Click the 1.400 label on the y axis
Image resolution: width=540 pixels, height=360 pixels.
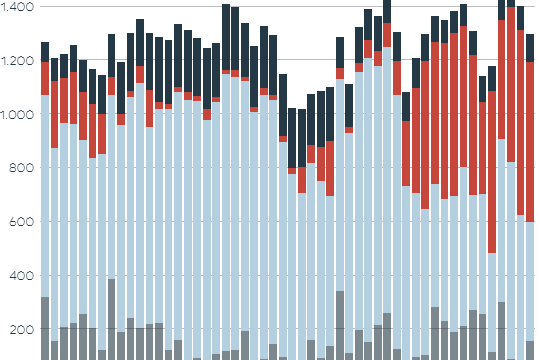pyautogui.click(x=17, y=7)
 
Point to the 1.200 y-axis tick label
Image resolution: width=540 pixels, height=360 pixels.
pyautogui.click(x=17, y=61)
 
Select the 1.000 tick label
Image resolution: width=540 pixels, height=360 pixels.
pyautogui.click(x=17, y=115)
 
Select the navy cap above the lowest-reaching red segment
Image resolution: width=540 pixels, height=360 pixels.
pyautogui.click(x=492, y=79)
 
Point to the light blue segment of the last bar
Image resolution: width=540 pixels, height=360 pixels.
pyautogui.click(x=530, y=281)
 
